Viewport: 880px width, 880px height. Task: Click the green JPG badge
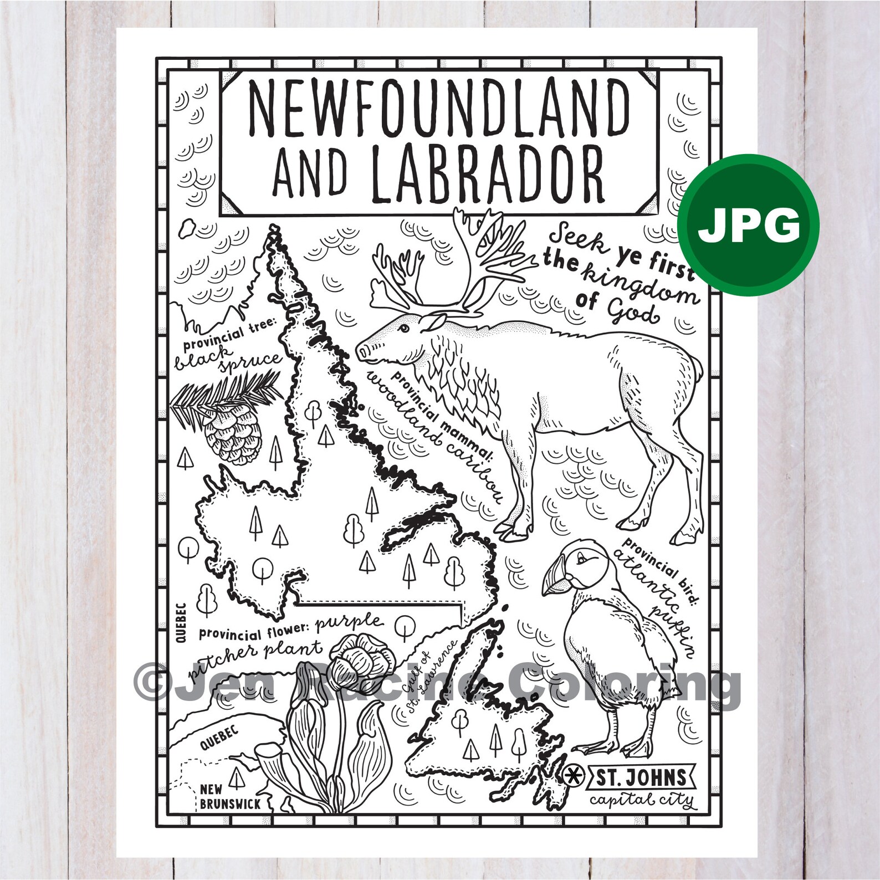tap(750, 224)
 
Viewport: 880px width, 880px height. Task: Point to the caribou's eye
tap(402, 329)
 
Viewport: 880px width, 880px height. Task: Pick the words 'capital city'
tap(641, 800)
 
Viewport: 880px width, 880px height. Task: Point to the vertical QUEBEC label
tap(181, 623)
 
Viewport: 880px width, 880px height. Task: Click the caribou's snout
tap(363, 351)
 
